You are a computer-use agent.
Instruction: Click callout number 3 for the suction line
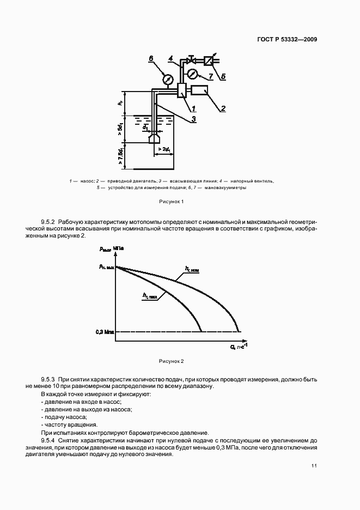[193, 118]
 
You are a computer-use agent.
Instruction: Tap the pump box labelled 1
[182, 90]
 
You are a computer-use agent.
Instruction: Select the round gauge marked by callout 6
[168, 80]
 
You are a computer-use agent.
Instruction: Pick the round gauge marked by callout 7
[192, 74]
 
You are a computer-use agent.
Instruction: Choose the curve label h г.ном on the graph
[192, 269]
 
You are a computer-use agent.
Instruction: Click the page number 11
[314, 465]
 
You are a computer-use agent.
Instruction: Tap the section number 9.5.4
[49, 440]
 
